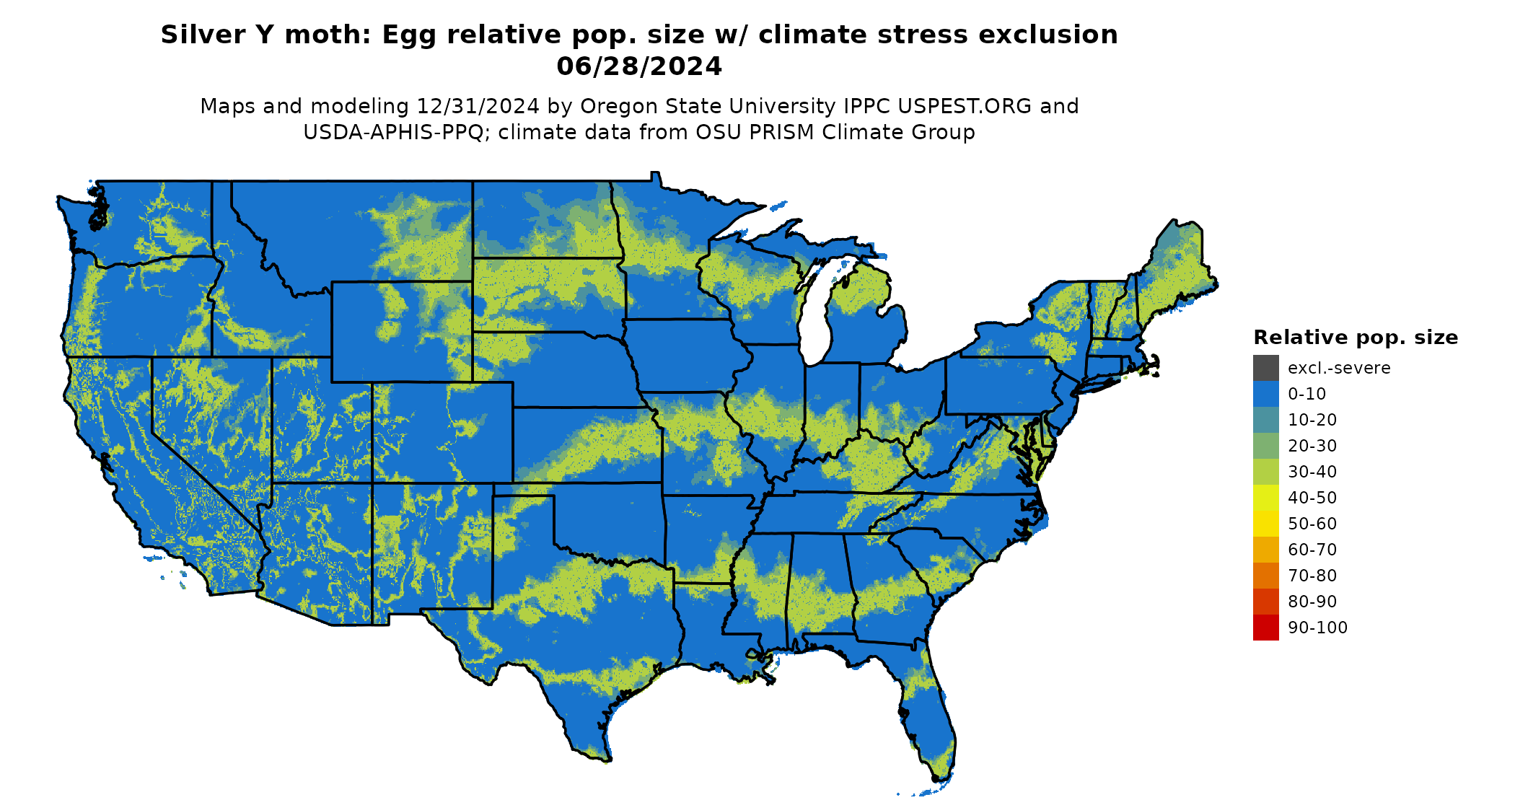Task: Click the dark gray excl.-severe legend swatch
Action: tap(1265, 368)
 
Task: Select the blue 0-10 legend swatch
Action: tap(1265, 394)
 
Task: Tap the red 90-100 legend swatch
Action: tap(1265, 628)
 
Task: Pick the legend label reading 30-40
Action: tap(1312, 472)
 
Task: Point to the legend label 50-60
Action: tap(1312, 524)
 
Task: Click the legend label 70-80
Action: tap(1312, 576)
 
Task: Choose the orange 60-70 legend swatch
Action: tap(1265, 550)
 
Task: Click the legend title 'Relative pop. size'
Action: tap(1356, 338)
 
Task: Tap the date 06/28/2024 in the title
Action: tap(639, 66)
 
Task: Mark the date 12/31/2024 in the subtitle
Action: tap(478, 107)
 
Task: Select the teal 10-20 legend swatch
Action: tap(1265, 420)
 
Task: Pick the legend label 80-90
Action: tap(1312, 602)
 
